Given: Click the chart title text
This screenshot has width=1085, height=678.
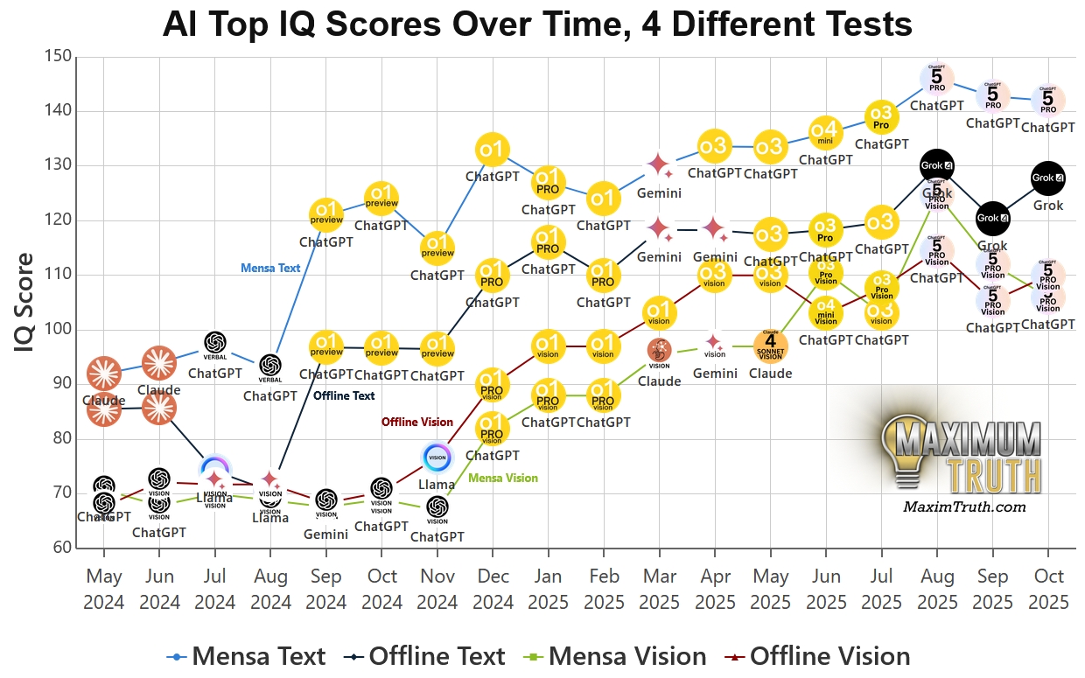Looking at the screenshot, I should (x=537, y=24).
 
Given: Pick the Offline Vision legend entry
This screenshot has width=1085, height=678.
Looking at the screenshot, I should (x=818, y=656).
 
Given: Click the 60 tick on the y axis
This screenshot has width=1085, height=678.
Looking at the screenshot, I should (x=60, y=549).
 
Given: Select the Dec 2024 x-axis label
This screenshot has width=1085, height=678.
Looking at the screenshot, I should (x=493, y=589).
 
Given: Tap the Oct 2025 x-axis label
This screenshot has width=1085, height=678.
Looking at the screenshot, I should (x=1048, y=589).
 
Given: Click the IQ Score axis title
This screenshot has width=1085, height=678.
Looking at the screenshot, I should (x=25, y=303).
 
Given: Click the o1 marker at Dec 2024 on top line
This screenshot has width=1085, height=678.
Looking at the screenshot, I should (x=493, y=150).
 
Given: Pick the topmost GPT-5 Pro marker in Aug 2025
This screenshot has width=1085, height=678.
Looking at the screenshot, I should (x=937, y=79).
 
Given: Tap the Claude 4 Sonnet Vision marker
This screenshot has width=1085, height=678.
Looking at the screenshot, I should (x=770, y=346).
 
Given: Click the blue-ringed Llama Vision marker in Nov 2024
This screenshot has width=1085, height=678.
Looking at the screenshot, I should (x=437, y=457).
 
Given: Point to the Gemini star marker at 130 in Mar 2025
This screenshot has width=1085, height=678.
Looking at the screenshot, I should (x=659, y=164).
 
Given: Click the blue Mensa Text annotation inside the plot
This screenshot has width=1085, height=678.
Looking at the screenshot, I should (x=270, y=269).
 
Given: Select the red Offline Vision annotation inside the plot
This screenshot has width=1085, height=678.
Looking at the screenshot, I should (x=416, y=422).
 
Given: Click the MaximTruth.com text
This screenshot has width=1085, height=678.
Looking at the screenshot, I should (x=963, y=507).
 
